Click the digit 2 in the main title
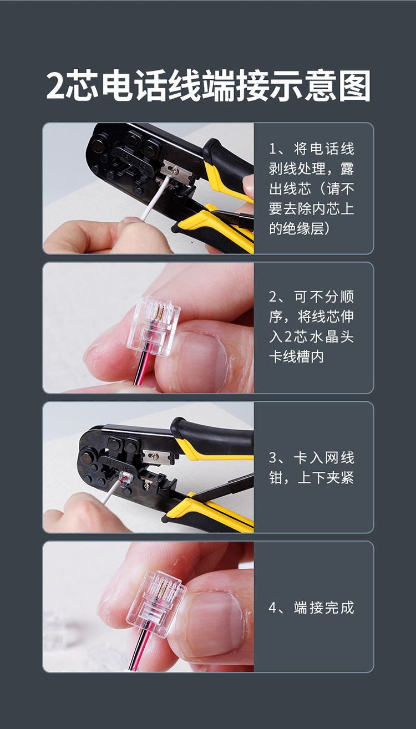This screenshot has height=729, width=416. [55, 85]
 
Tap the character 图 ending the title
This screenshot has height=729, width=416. [354, 85]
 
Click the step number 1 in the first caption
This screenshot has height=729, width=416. [272, 149]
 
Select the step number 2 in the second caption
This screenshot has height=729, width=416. [273, 297]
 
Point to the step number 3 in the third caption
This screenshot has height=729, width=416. [273, 457]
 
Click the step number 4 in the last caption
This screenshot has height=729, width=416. [273, 608]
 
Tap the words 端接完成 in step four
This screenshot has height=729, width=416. [324, 608]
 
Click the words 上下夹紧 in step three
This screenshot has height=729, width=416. [326, 477]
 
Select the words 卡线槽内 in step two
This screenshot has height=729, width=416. [296, 356]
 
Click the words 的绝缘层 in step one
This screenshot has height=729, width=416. [296, 228]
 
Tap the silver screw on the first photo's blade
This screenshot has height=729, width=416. [175, 169]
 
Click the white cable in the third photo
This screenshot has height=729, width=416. [111, 491]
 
